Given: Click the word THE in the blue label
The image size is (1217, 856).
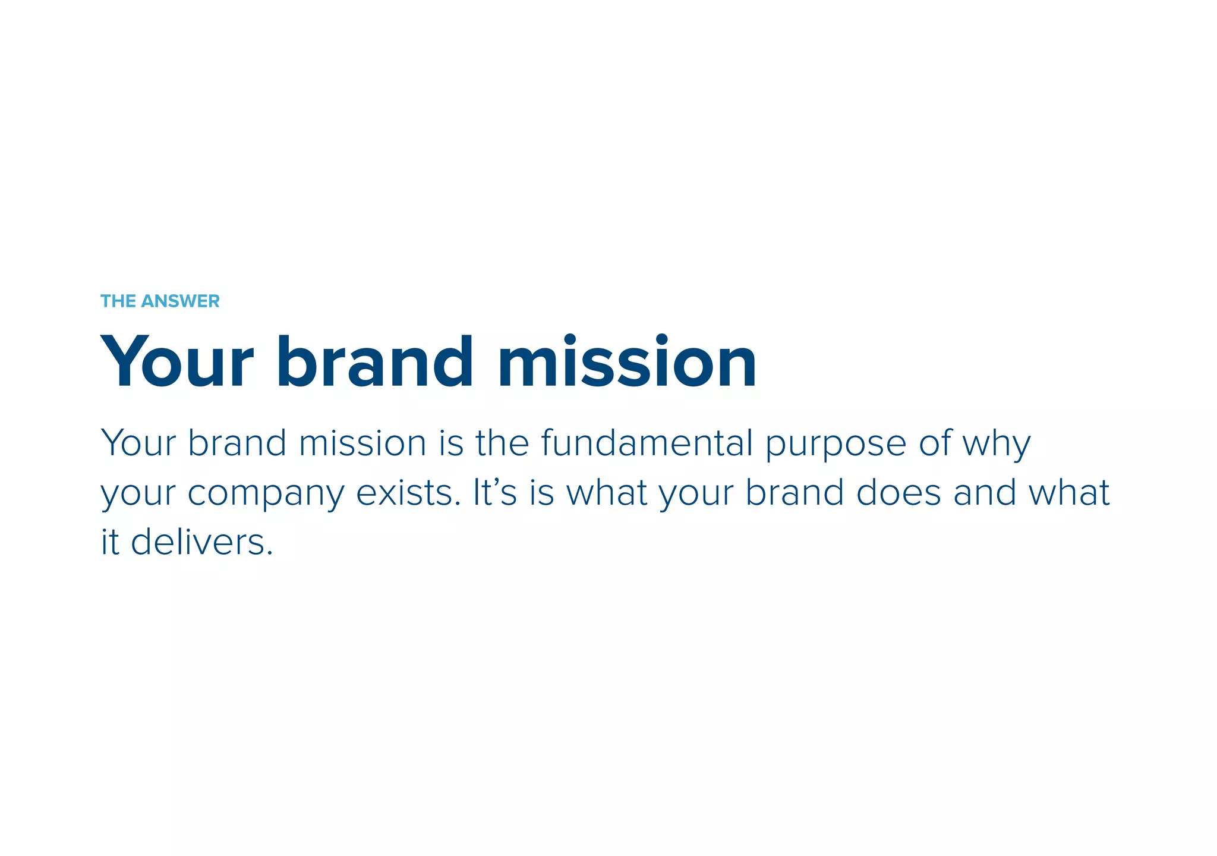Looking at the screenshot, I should [118, 301].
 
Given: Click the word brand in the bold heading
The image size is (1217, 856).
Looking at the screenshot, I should [375, 362].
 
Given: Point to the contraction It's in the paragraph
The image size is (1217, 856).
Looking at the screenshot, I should [494, 493].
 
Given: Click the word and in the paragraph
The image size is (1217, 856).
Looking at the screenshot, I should [985, 493].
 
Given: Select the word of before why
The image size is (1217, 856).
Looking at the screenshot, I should [935, 443].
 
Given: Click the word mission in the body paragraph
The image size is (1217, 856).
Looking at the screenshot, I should [362, 443].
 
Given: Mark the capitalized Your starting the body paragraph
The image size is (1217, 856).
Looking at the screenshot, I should [138, 443].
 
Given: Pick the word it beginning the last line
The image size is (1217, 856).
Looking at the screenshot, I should [110, 542].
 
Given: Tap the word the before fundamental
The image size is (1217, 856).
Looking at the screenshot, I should [502, 443].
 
